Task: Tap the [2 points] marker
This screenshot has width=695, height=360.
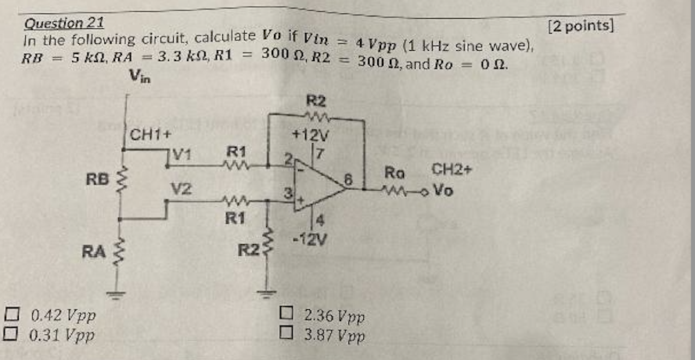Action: (581, 26)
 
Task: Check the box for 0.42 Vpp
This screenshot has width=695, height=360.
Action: (11, 316)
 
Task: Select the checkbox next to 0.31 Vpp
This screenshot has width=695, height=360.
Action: (11, 335)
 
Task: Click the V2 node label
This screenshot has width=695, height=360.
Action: (182, 189)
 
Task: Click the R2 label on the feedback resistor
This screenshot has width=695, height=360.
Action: (316, 101)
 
